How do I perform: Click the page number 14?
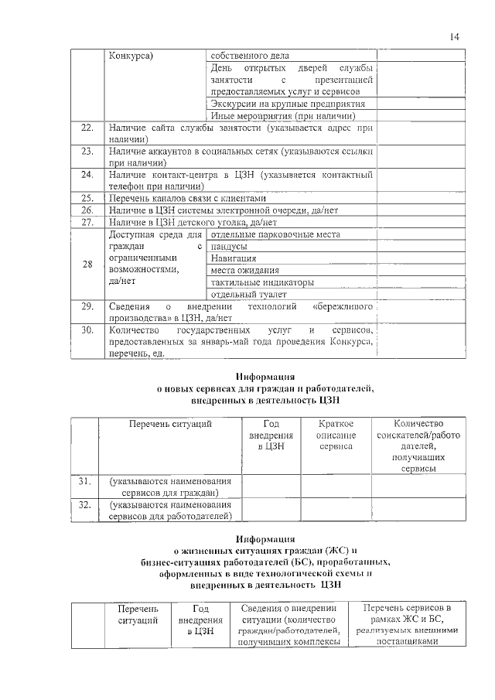click(453, 36)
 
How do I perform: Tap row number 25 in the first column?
click(87, 198)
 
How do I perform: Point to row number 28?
click(87, 265)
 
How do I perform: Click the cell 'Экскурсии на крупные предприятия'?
click(293, 104)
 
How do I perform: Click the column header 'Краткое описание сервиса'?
click(336, 435)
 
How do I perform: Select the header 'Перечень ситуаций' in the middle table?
click(170, 424)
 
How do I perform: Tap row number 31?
click(86, 481)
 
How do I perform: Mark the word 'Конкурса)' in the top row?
click(131, 56)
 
